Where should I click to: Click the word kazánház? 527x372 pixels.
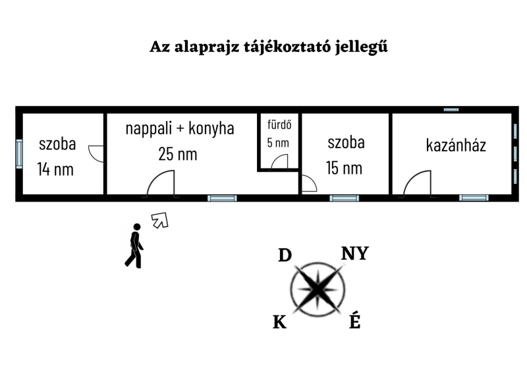coord(456,146)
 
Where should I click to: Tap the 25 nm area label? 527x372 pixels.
coord(178,154)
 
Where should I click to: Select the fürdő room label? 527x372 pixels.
coord(279,124)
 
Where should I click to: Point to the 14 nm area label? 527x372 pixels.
coord(55,169)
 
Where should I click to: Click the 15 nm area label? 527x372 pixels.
coord(344,168)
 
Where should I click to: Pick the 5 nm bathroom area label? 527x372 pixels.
coord(278,143)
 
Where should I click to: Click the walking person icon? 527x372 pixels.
coord(134,246)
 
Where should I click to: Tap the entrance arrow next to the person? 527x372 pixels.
coord(160,221)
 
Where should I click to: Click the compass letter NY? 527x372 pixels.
coord(355,253)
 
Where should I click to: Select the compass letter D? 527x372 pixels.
coord(285,255)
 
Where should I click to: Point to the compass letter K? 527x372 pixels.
coord(279,323)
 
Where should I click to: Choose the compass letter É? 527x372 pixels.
coord(355,321)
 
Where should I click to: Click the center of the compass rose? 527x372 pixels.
coord(318,289)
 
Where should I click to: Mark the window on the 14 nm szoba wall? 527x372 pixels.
coord(20,154)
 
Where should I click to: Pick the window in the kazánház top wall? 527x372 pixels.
coord(451,109)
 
